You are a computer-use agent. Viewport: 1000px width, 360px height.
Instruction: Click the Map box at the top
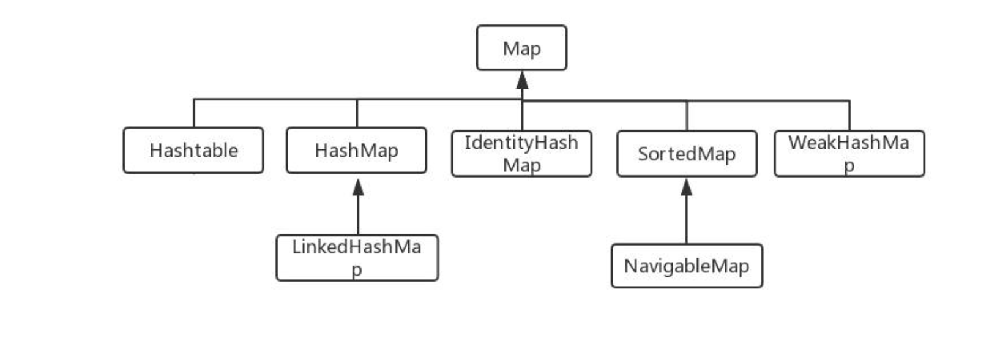pos(521,48)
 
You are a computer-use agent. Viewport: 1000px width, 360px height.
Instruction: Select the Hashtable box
pos(193,150)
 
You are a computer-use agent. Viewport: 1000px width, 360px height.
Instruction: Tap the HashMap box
pos(356,150)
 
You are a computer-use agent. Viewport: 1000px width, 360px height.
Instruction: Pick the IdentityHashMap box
pos(521,154)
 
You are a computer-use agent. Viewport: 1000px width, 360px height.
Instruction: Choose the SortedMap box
pos(687,154)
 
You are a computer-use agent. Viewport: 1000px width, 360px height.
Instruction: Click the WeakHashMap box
pos(849,154)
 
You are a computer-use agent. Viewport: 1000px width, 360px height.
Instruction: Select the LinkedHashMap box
pos(357,258)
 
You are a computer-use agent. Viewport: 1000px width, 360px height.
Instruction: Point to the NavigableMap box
pos(687,266)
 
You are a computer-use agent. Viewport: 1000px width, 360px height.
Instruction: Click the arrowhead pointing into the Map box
pos(522,80)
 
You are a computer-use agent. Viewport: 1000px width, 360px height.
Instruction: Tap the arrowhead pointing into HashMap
pos(358,187)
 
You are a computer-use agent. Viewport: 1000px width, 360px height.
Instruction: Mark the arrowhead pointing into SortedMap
pos(687,187)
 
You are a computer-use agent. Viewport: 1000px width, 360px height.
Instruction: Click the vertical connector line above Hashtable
pos(194,113)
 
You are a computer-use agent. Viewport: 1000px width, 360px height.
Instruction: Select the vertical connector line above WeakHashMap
pos(849,116)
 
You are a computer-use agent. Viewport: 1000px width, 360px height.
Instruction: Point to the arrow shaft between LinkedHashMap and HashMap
pos(358,216)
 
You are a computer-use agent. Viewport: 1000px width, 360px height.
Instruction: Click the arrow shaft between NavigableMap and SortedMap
pos(687,220)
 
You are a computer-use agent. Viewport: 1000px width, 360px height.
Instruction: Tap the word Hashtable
pos(194,151)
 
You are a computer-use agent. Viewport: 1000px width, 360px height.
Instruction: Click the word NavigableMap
pos(687,267)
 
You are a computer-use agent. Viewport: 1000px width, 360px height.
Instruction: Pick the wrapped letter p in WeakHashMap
pos(849,166)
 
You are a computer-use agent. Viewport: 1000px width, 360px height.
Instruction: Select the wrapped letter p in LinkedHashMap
pos(357,270)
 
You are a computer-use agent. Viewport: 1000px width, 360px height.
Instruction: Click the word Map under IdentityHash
pos(521,165)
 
